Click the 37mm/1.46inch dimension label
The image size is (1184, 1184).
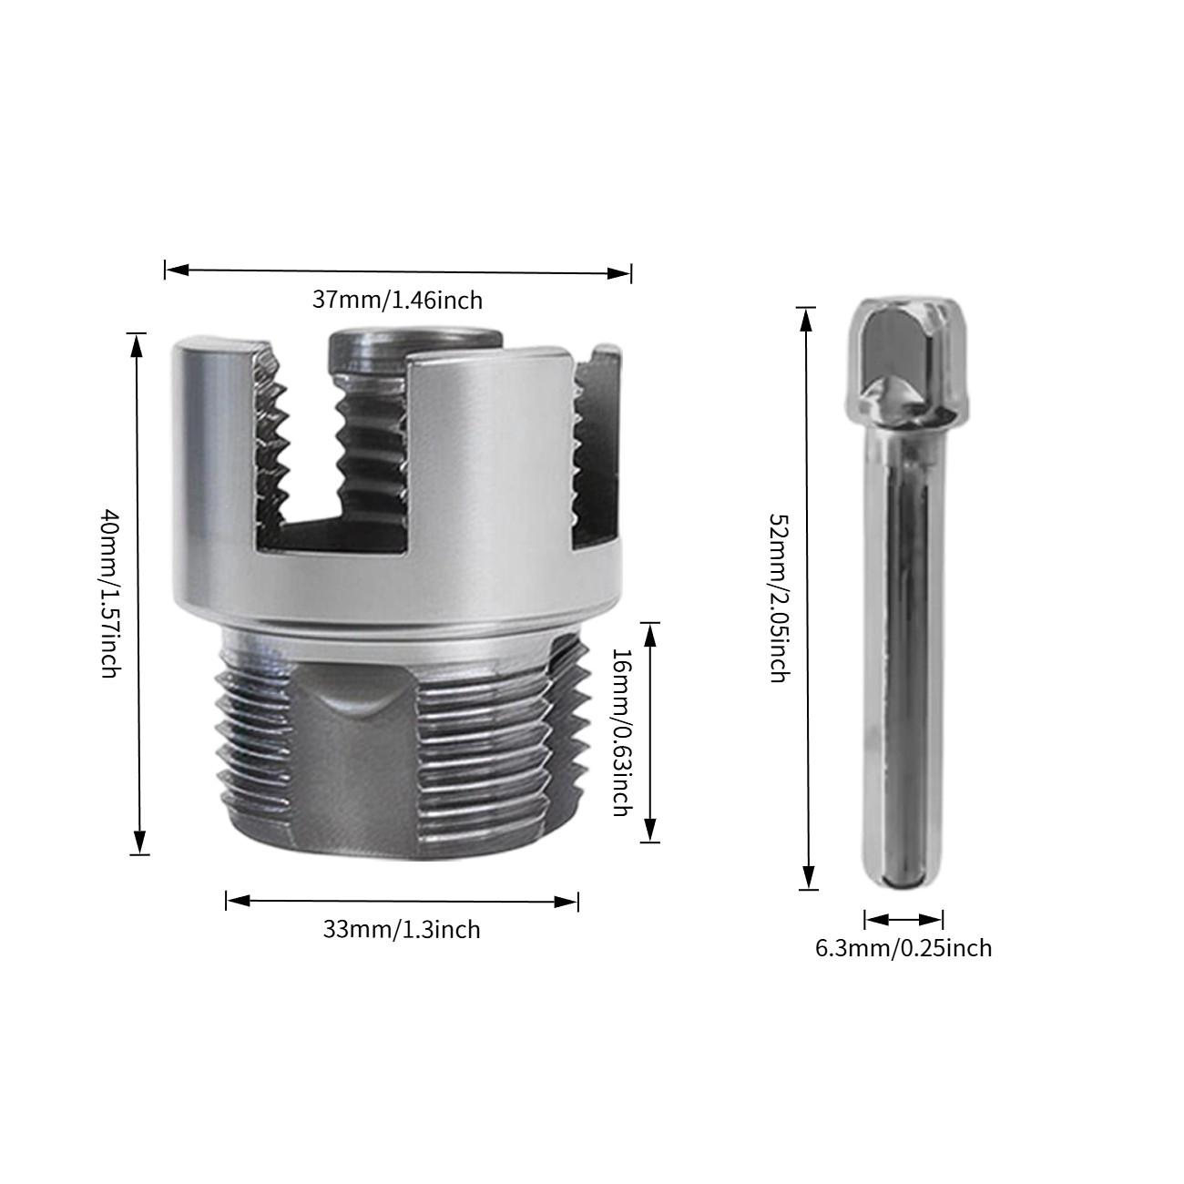pos(397,300)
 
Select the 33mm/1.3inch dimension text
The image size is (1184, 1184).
pos(402,930)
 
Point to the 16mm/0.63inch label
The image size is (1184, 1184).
pos(619,731)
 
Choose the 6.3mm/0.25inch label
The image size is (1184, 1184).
pos(903,948)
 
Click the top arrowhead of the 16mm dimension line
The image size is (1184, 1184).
pos(650,634)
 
